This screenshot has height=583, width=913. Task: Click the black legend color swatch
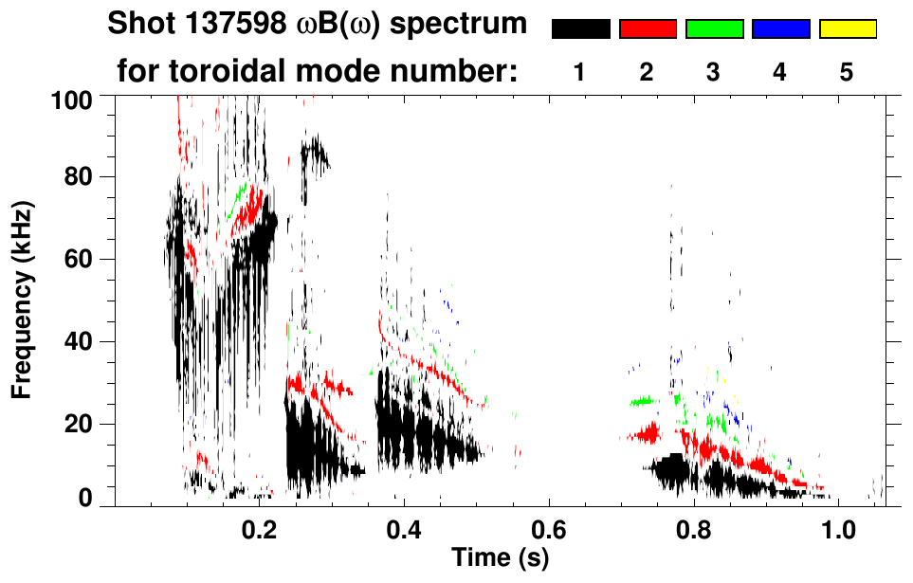tap(581, 29)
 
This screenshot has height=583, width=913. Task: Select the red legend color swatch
tap(648, 29)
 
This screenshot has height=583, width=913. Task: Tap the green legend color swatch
tap(714, 29)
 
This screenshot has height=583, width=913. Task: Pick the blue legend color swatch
tap(780, 29)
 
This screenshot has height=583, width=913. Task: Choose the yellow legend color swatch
tap(847, 29)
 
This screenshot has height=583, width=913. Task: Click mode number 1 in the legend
tap(579, 72)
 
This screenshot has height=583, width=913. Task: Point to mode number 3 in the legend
tap(713, 72)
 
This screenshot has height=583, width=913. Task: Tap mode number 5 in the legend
tap(847, 72)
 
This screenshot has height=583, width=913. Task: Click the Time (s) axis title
tap(500, 558)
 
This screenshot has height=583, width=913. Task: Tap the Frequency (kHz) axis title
tap(21, 299)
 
